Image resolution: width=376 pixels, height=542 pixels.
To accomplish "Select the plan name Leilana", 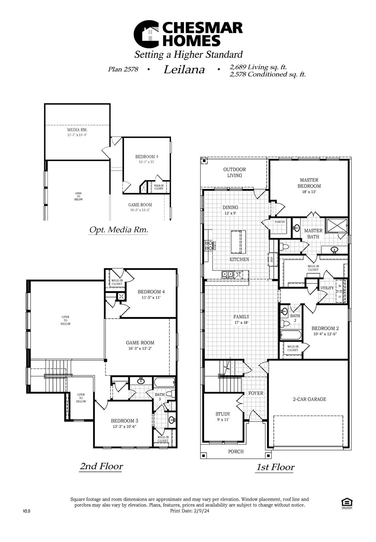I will click(x=184, y=70).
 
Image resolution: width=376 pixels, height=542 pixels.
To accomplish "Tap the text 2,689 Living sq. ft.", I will click(x=258, y=67).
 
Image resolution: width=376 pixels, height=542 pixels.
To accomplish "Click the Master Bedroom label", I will click(x=309, y=183).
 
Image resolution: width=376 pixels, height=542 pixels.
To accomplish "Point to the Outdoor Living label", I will click(x=234, y=173).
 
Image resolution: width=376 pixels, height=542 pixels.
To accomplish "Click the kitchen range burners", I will click(x=208, y=246).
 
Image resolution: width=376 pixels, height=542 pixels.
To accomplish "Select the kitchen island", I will click(x=238, y=242).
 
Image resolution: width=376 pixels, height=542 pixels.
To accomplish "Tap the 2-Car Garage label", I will click(x=309, y=399).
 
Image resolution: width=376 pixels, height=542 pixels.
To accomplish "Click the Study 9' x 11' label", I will click(x=223, y=417).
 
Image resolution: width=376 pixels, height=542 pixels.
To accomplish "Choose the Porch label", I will click(x=236, y=451).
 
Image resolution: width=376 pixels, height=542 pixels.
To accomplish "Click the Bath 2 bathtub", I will click(x=291, y=335).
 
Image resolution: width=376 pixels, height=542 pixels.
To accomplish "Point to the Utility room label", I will click(x=327, y=288).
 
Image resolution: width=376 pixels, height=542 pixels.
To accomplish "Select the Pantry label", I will click(x=280, y=222).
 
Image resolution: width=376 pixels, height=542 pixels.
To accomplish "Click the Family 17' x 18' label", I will click(x=241, y=319).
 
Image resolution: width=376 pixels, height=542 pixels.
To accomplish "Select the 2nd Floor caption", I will click(x=101, y=466).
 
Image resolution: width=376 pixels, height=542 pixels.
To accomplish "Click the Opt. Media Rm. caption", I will click(x=118, y=230).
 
